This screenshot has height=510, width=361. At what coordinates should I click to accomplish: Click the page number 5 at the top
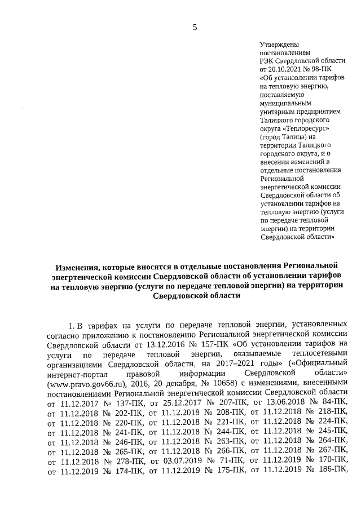tap(195, 28)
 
